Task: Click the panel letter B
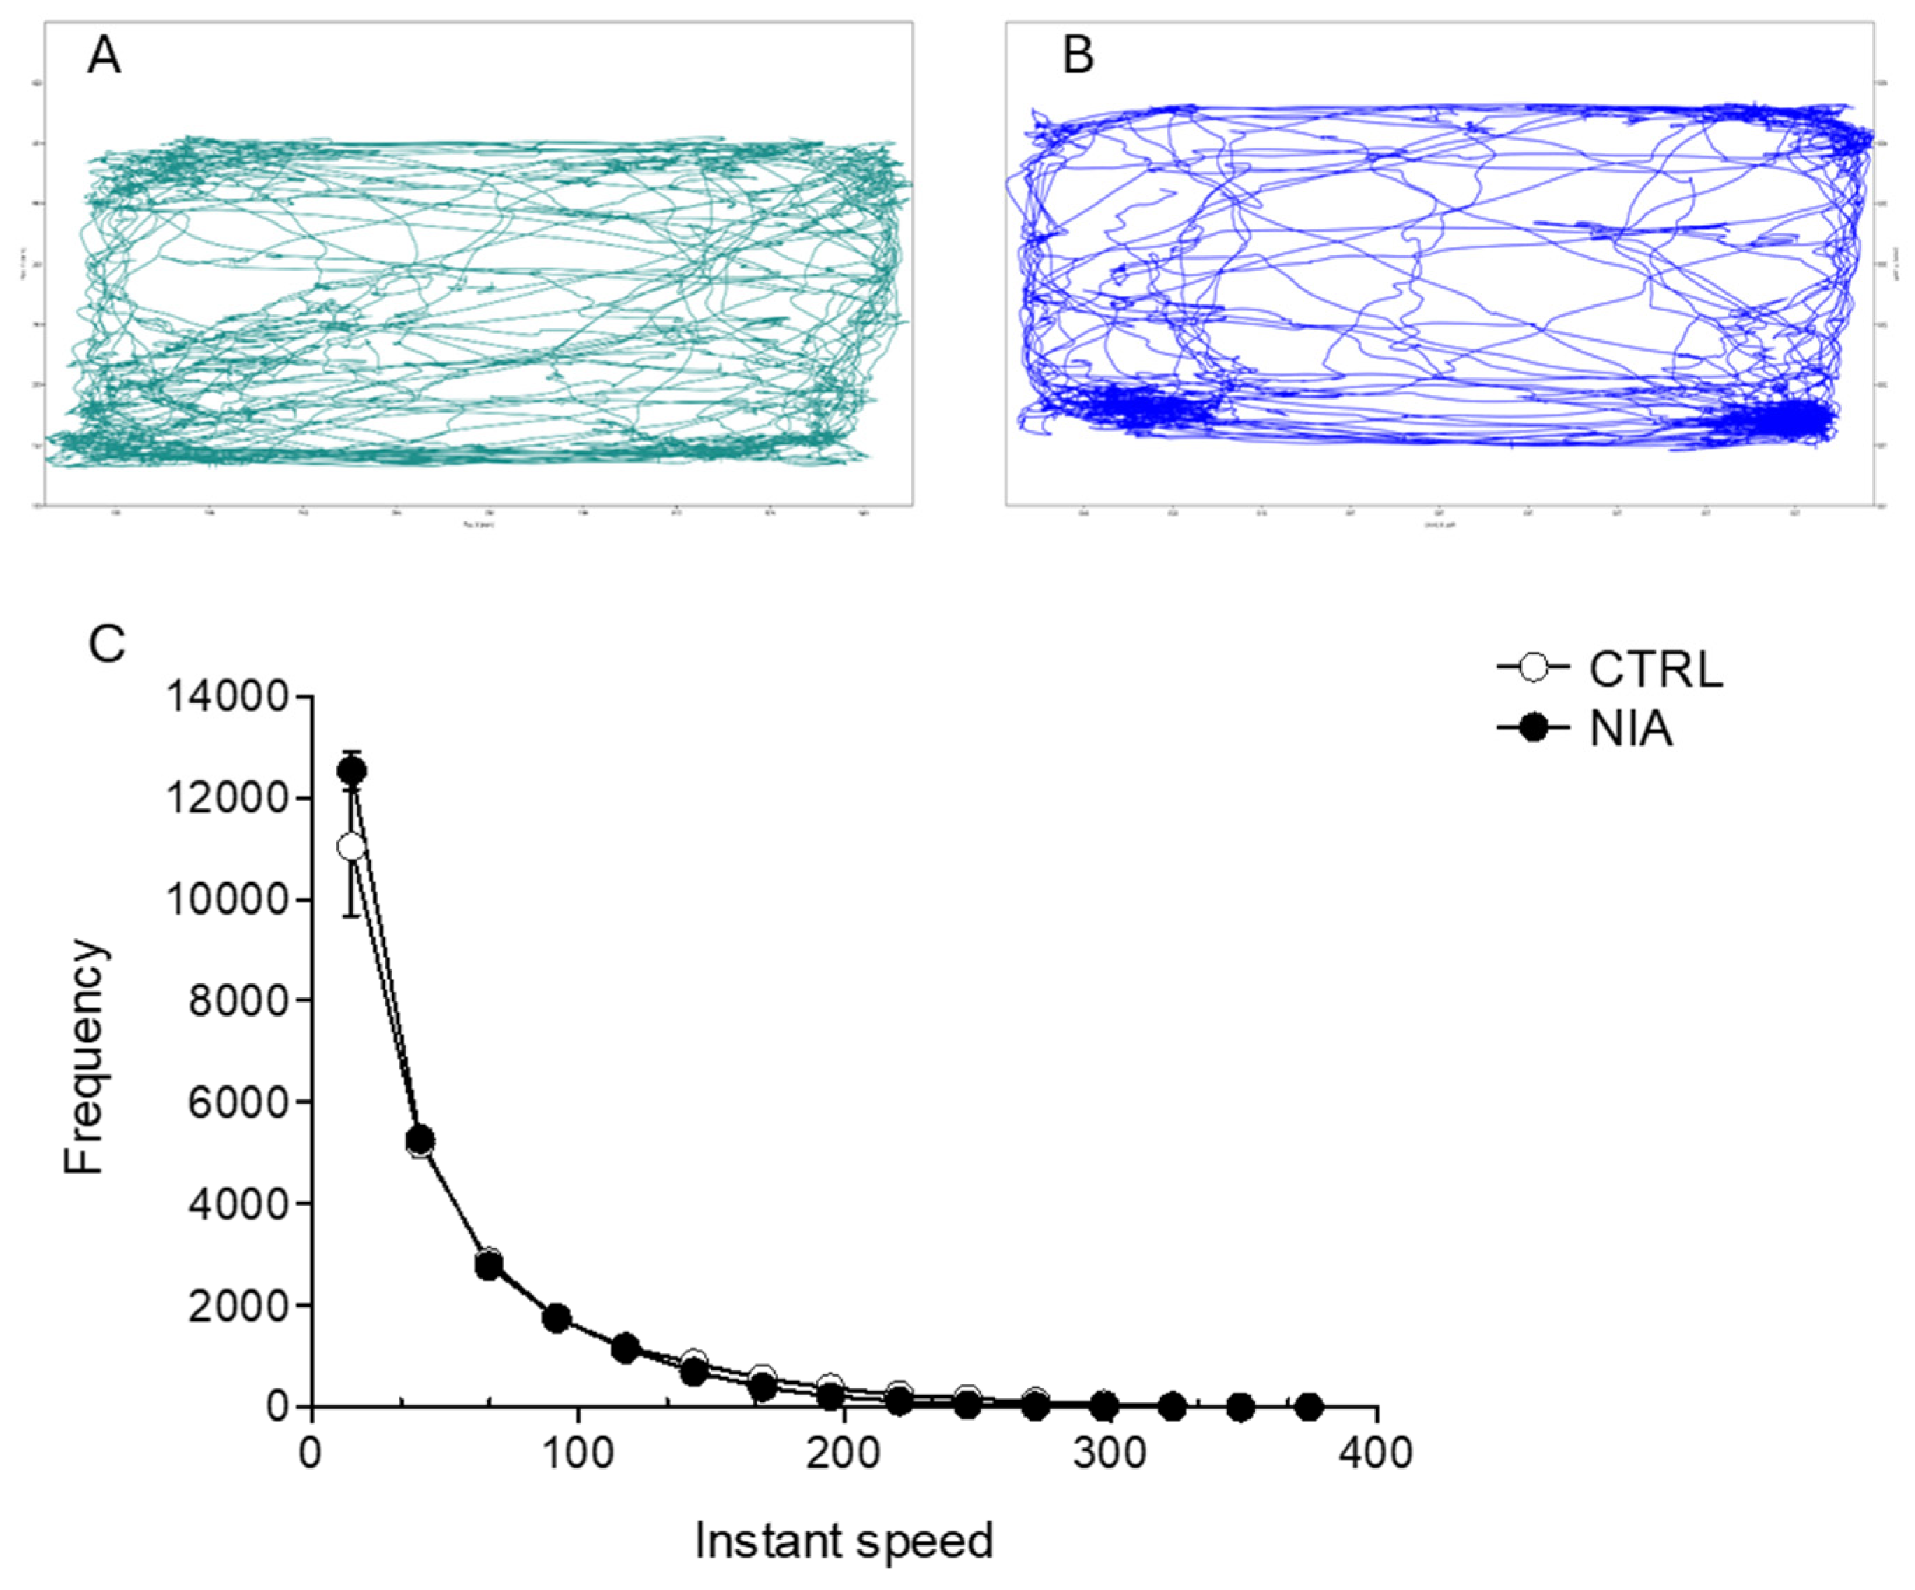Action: [x=1078, y=57]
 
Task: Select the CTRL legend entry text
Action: [x=1655, y=670]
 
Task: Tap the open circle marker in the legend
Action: [x=1535, y=668]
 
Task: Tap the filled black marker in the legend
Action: [x=1535, y=728]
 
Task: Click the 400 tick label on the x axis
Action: [x=1375, y=1451]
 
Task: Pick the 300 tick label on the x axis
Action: [x=1109, y=1451]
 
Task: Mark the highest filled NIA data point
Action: [x=352, y=771]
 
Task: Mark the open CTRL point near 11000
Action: [x=351, y=847]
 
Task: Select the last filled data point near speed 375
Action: [x=1309, y=1407]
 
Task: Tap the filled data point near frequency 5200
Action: [x=420, y=1139]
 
